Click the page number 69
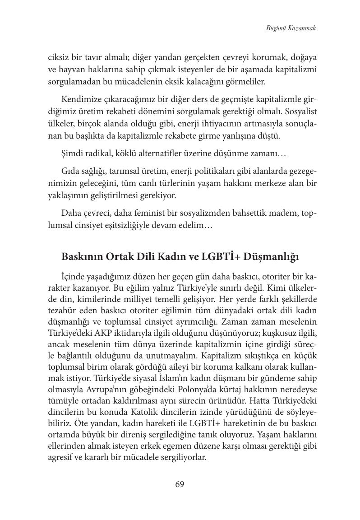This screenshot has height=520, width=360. [x=180, y=484]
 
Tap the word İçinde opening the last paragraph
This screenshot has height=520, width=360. [x=72, y=276]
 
